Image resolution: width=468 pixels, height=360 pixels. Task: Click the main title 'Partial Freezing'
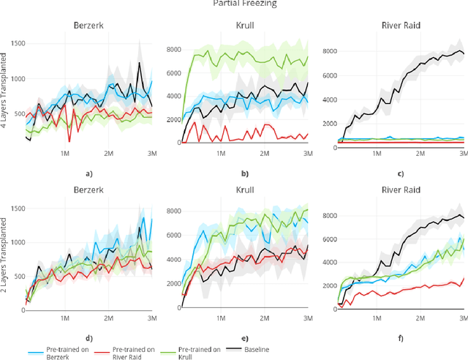233,4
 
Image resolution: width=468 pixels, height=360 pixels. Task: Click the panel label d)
89,339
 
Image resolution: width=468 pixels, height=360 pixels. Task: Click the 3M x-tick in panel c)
464,155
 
